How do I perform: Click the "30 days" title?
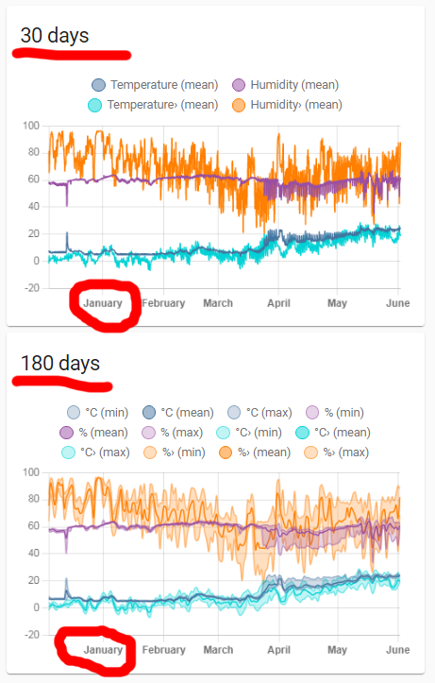(x=55, y=36)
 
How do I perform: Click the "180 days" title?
(x=59, y=363)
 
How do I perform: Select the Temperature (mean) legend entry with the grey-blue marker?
(x=147, y=85)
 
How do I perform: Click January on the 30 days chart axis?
(x=103, y=303)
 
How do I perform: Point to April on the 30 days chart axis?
(x=278, y=303)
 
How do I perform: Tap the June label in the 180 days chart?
(x=397, y=650)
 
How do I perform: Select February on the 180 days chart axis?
(x=163, y=650)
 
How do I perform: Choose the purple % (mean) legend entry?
(x=87, y=432)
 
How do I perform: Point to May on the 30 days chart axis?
(x=337, y=303)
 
